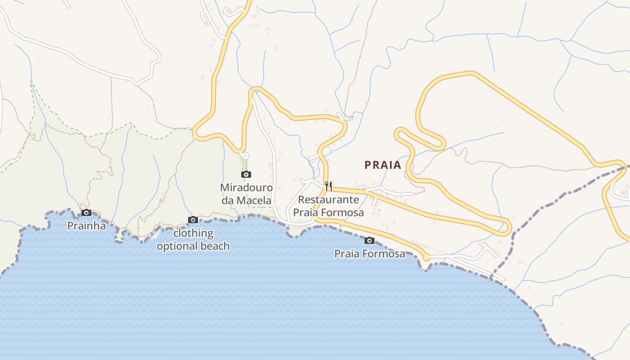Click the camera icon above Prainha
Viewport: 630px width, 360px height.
click(86, 213)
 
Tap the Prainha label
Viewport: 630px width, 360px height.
click(86, 226)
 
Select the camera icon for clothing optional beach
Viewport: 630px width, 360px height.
click(193, 220)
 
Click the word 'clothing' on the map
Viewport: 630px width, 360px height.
click(193, 233)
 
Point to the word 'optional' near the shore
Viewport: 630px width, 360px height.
click(175, 246)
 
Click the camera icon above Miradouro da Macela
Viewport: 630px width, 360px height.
click(246, 174)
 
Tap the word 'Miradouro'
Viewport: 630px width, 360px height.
click(246, 187)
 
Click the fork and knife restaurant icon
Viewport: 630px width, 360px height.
click(329, 185)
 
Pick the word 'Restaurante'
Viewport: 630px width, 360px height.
click(328, 199)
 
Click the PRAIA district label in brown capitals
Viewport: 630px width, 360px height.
click(382, 165)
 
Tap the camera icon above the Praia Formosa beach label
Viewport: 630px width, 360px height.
click(369, 240)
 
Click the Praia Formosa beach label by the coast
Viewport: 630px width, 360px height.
click(369, 254)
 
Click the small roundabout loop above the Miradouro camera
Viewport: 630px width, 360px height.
click(245, 155)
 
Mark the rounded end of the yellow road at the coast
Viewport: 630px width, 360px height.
click(426, 257)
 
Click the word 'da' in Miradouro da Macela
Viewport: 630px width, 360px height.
click(227, 200)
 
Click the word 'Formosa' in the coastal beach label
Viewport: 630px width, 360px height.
click(384, 254)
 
